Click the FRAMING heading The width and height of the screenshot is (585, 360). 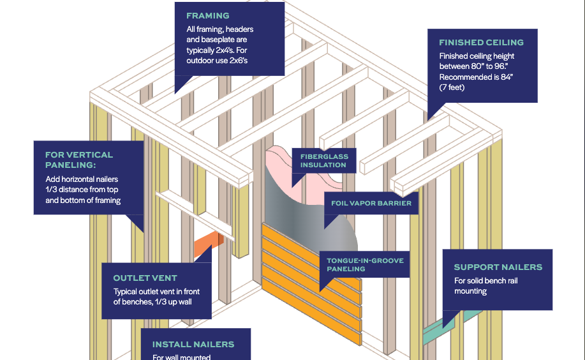pos(207,15)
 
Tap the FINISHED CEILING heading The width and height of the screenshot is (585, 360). pos(481,43)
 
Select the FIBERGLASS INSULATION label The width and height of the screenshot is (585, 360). pos(323,160)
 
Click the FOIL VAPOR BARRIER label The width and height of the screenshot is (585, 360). pos(371,203)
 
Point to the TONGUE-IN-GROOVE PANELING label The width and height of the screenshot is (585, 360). pos(365,265)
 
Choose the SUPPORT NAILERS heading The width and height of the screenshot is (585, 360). pos(498,267)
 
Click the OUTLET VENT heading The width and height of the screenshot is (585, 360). pos(145,278)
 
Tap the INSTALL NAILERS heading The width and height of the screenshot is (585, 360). pos(193,345)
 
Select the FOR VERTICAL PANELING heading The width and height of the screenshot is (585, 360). pos(78,159)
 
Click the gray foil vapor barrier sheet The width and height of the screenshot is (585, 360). pos(300,204)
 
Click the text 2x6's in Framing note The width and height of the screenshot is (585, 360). pos(236,61)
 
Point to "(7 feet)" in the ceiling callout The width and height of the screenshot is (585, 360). pos(452,87)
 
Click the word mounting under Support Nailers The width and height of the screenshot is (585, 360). pos(470,291)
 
